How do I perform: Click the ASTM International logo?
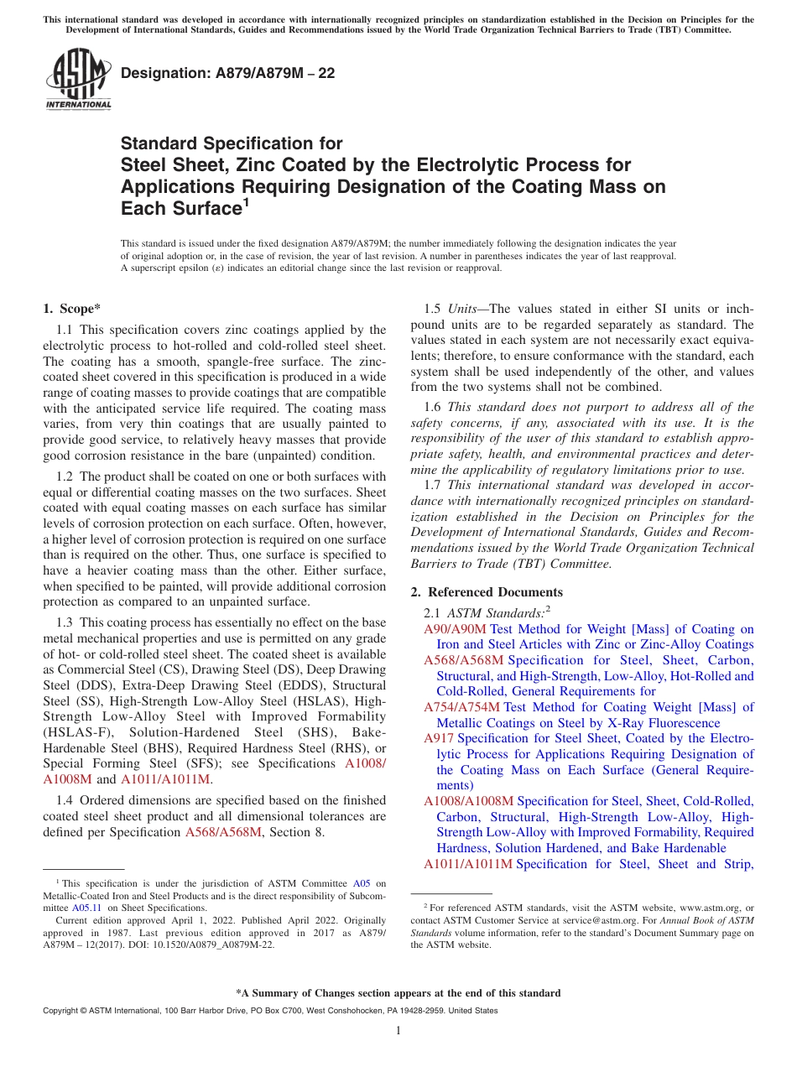77,80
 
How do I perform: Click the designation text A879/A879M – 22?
227,73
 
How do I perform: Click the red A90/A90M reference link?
455,629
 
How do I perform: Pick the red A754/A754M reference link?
462,707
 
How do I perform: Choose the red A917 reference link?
439,738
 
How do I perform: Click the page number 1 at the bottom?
398,1031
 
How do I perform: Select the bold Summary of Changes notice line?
398,993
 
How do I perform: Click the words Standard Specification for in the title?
232,143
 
